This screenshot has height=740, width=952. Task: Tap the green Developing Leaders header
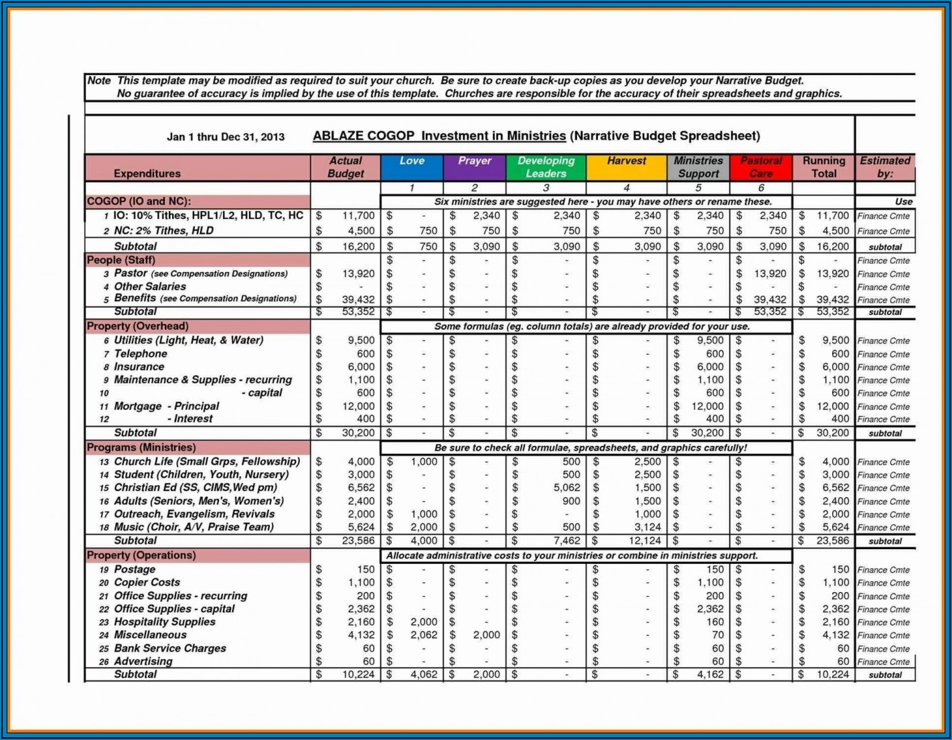[x=546, y=167]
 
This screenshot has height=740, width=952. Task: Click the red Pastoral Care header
[x=761, y=167]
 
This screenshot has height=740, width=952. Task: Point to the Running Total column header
[x=823, y=167]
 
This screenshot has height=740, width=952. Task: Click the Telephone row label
[x=141, y=354]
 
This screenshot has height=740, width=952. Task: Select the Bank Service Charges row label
[x=170, y=648]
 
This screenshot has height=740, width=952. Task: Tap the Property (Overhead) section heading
[x=138, y=326]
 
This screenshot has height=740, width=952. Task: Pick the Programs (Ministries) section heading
[x=141, y=447]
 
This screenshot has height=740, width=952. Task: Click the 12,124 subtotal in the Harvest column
[x=645, y=540]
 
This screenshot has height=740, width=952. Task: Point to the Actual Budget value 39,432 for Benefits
[x=358, y=299]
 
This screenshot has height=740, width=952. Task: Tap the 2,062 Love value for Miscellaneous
[x=424, y=635]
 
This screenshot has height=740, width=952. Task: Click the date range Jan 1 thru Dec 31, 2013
[x=226, y=137]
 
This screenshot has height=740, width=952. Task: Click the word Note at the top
[x=99, y=80]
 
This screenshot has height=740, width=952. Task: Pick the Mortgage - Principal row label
[x=167, y=406]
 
